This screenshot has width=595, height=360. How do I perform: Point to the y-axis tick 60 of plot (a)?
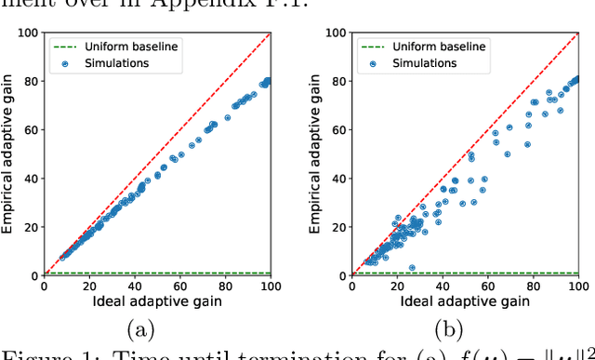(x=32, y=129)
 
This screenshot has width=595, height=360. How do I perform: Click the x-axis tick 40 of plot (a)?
(x=134, y=287)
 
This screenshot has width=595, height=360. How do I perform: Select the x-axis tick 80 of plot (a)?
(x=224, y=287)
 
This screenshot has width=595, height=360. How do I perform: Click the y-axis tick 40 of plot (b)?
(x=339, y=179)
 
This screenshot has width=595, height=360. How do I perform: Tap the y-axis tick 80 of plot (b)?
(x=339, y=81)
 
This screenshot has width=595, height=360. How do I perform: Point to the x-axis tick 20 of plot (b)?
(x=396, y=287)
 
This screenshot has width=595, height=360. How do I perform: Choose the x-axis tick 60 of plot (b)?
(x=487, y=287)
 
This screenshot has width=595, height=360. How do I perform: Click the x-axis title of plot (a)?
(x=156, y=302)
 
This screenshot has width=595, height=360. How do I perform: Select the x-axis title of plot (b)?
(x=465, y=302)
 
